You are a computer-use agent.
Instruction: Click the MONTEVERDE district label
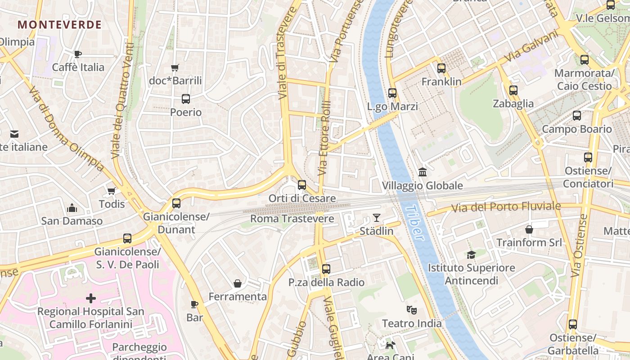tap(59, 25)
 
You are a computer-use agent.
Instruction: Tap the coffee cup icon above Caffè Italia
tap(78, 54)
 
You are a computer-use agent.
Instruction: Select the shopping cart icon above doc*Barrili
tap(175, 68)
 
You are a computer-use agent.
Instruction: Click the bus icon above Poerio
tap(185, 99)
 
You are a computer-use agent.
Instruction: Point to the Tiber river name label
tap(414, 224)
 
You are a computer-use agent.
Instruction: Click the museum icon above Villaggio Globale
tap(422, 172)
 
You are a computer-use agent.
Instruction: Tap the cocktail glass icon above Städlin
tap(377, 218)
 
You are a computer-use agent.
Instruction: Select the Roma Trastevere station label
tap(292, 219)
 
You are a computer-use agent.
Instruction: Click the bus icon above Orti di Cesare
tap(302, 185)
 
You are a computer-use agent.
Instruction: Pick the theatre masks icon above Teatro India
tap(411, 310)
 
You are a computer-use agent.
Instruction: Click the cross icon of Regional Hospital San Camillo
tap(91, 298)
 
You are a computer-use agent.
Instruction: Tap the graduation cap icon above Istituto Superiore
tap(471, 255)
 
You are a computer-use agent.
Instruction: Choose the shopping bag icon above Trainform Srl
tap(529, 229)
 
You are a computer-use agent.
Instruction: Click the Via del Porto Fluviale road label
tap(506, 207)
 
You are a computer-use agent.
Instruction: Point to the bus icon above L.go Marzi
tap(392, 93)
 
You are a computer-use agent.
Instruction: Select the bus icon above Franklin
tap(441, 68)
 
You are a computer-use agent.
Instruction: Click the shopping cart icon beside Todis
tap(112, 191)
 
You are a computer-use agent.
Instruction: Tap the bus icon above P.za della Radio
tap(326, 269)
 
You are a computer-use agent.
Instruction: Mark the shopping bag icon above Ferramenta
tap(238, 283)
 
